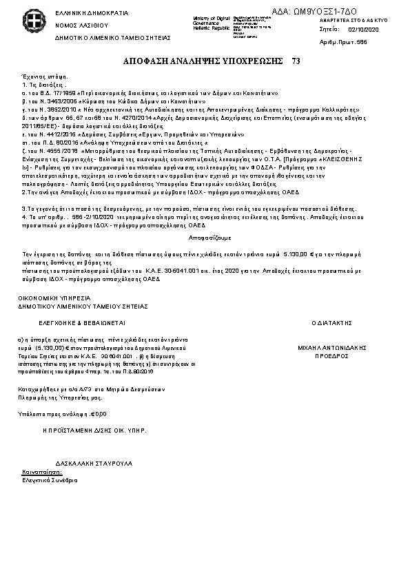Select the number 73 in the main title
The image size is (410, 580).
pos(296,61)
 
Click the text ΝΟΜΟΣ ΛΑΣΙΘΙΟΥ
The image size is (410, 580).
pos(77,25)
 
